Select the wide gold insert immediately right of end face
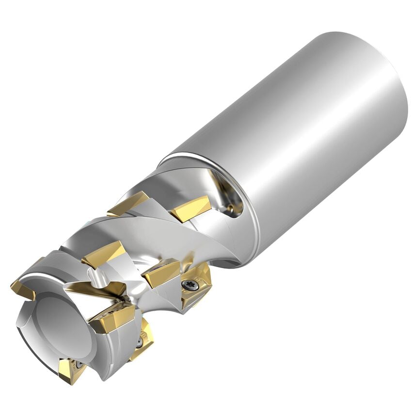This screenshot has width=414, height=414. click(111, 318)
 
